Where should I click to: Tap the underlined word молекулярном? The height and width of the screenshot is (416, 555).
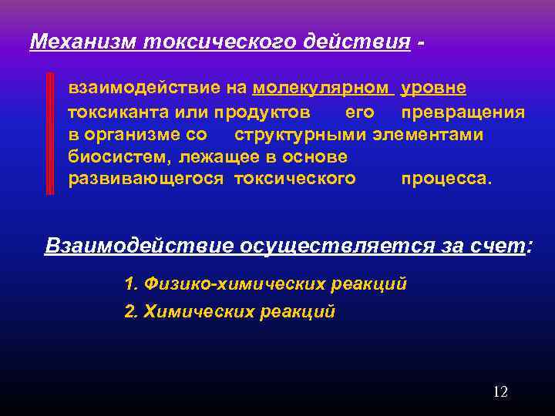coord(323,89)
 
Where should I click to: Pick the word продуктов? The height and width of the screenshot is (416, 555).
coord(263,112)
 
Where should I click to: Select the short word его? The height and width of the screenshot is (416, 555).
coord(360,112)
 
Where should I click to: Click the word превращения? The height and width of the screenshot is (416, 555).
coord(463,112)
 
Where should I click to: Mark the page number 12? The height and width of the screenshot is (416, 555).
coord(499,392)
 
